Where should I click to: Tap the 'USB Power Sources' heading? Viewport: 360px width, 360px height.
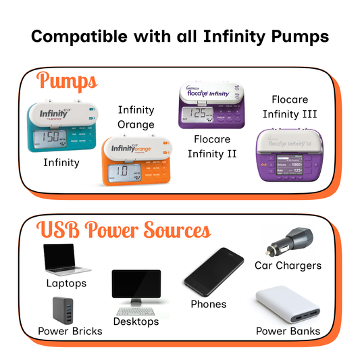click(125, 230)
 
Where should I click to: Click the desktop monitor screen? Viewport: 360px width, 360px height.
click(136, 288)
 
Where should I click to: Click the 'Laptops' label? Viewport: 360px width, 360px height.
click(66, 283)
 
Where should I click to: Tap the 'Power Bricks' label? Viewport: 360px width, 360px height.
click(70, 331)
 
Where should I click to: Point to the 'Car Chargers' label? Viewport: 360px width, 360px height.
click(288, 265)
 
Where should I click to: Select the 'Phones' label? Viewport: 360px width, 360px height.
click(209, 304)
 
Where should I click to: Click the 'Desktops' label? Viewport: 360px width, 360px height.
click(136, 321)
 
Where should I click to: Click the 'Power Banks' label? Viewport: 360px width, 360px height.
click(288, 331)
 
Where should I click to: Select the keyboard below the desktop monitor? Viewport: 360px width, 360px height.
click(136, 311)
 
